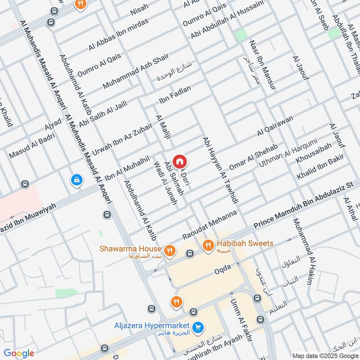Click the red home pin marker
tap(180, 161)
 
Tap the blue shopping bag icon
tap(76, 180)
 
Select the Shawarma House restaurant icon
tap(170, 250)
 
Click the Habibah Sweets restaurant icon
tap(208, 245)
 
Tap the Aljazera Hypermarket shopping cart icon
tap(197, 327)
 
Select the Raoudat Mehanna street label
tap(209, 225)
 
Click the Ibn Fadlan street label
tap(175, 93)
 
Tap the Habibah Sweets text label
tap(245, 243)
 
